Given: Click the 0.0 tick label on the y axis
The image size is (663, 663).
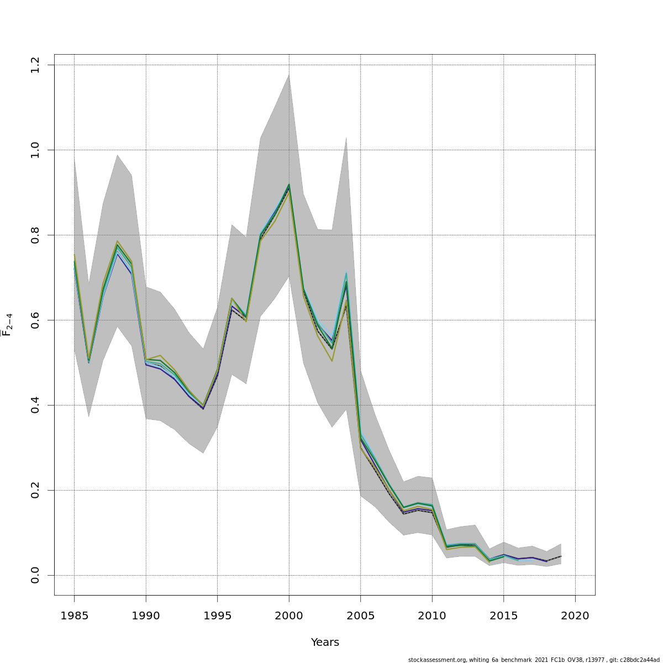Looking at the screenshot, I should click(35, 575).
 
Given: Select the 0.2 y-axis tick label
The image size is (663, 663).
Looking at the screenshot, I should click(35, 490).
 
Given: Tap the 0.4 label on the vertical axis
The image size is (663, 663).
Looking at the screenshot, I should click(35, 405).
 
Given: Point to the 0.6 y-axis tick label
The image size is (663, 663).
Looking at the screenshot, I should click(35, 320).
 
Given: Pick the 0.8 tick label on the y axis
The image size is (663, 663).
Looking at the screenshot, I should click(35, 235).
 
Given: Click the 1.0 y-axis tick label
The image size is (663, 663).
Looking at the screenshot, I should click(35, 150).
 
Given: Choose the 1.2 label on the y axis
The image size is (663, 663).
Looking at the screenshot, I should click(35, 65).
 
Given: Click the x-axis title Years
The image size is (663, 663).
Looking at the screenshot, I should click(325, 642).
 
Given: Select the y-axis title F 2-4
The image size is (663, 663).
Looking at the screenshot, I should click(7, 325).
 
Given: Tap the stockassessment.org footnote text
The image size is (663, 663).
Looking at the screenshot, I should click(533, 660).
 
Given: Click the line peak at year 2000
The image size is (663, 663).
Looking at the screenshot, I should click(289, 186).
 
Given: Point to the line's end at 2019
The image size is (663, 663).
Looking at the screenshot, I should click(561, 556).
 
